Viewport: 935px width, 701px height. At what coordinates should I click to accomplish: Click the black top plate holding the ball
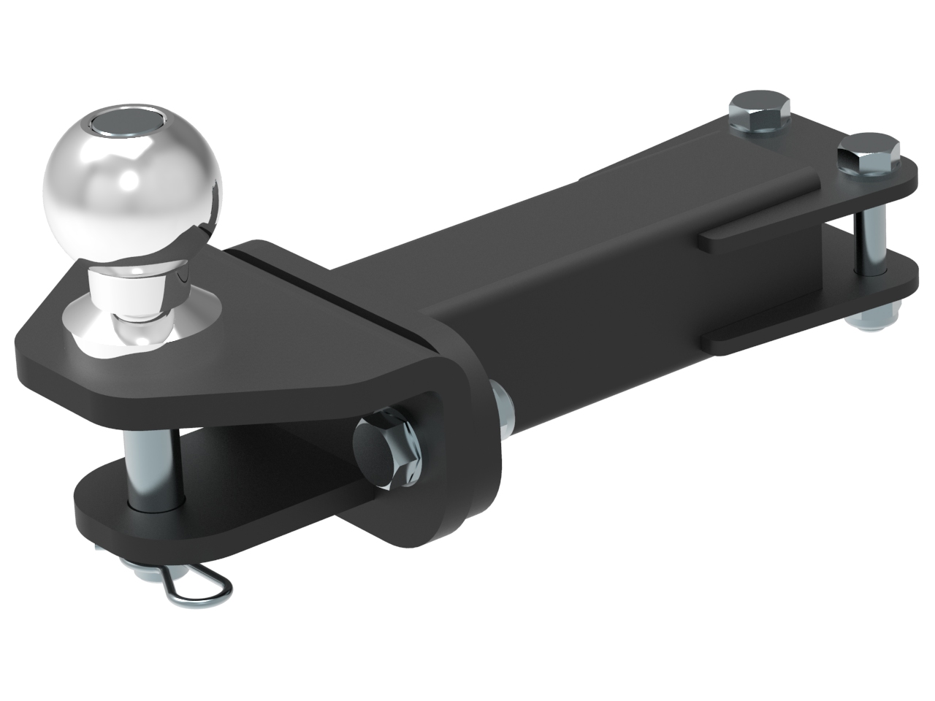(x=219, y=343)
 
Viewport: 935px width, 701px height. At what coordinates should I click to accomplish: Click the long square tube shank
(x=584, y=292)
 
